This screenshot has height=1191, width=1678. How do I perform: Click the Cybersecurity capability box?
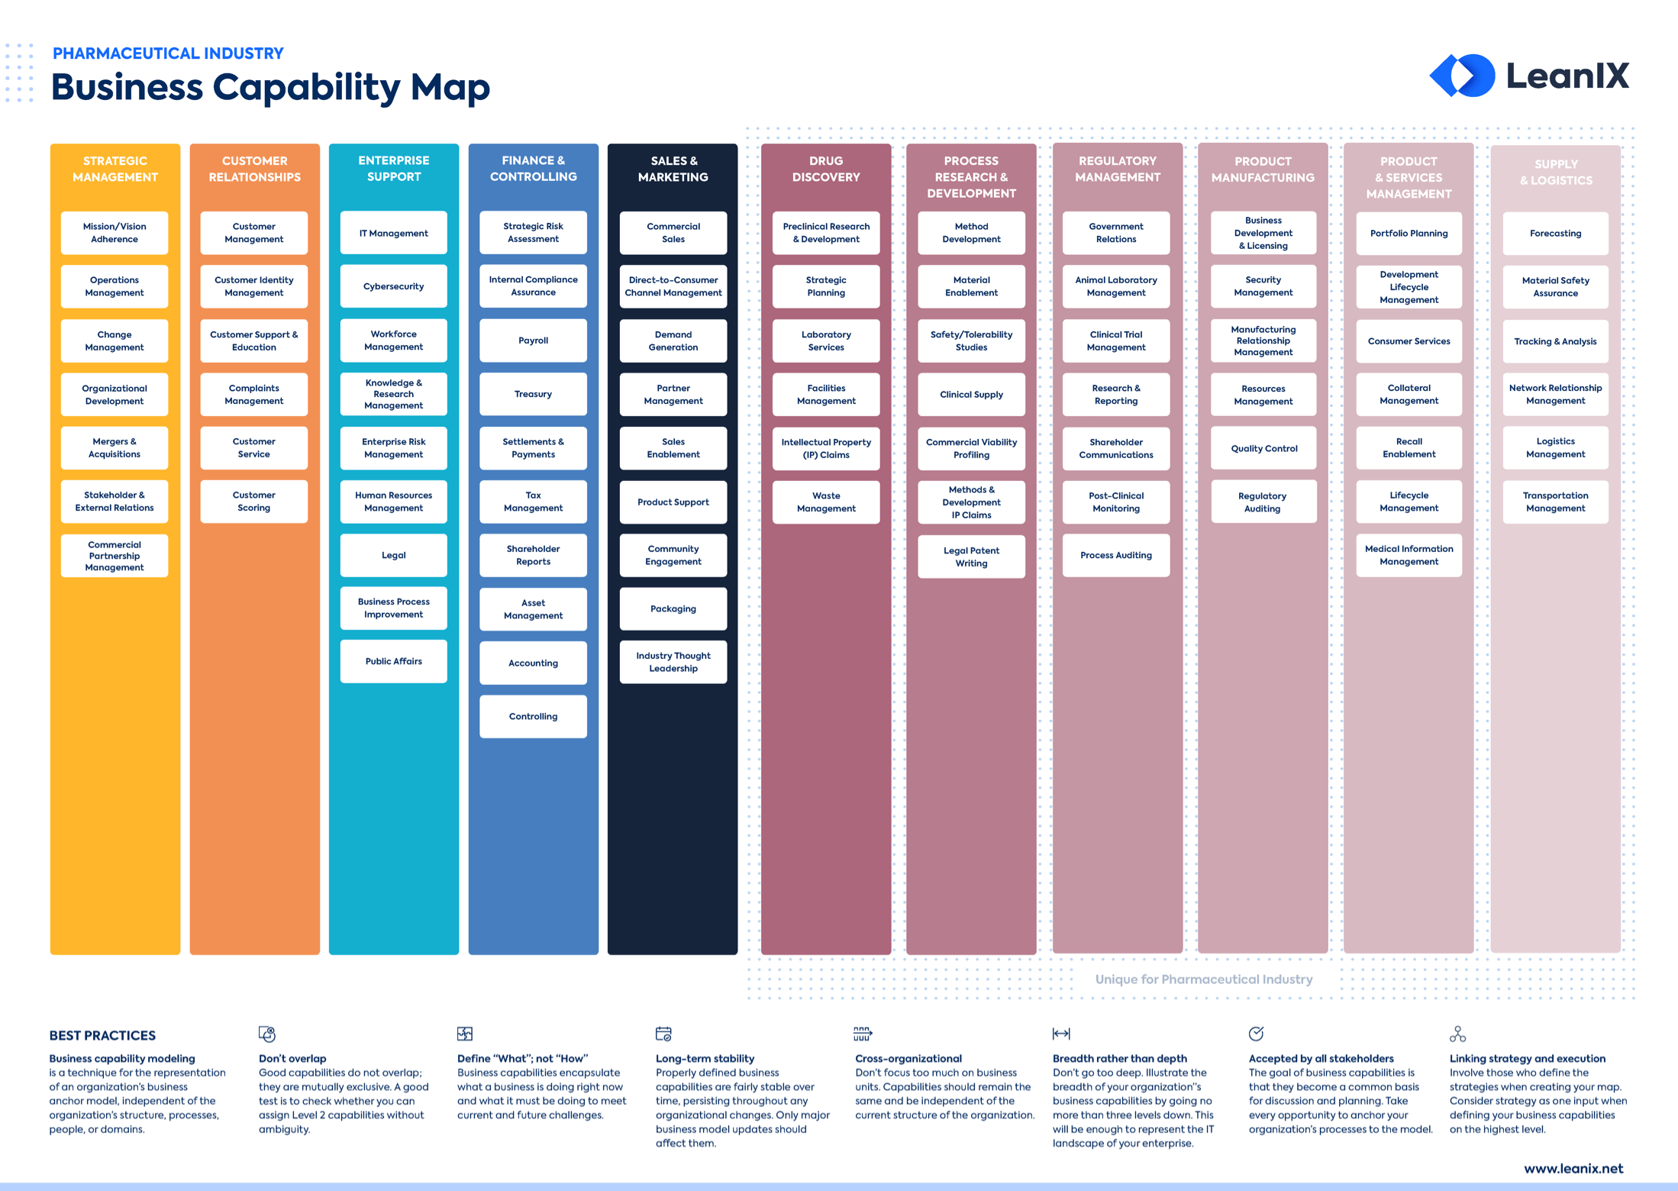(393, 286)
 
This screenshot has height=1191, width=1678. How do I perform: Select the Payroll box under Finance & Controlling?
(533, 341)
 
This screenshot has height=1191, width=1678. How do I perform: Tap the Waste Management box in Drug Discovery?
(826, 502)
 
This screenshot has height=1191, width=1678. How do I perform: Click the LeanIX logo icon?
(1461, 76)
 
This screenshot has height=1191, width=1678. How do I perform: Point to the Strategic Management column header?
(115, 169)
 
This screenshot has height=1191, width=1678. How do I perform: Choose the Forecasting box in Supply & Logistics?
(1555, 234)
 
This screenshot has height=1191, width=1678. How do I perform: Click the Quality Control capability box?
(1263, 448)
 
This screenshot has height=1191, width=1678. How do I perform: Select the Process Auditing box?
(1115, 555)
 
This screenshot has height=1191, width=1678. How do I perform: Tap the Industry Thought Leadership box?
(673, 662)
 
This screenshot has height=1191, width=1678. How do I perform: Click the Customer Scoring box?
(253, 502)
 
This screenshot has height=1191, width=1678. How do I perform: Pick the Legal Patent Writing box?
(971, 557)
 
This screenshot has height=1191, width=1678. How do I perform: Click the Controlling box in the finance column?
(533, 716)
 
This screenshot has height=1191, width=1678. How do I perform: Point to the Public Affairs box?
(393, 661)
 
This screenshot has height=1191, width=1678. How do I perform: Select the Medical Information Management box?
(1409, 555)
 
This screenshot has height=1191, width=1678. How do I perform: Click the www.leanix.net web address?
(1573, 1168)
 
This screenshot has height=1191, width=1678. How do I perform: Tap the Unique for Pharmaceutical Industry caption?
(1203, 979)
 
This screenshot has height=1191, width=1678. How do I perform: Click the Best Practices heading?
(102, 1035)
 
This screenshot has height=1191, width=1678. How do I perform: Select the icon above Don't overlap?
(266, 1034)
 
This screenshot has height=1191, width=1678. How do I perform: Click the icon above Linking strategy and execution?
(1457, 1034)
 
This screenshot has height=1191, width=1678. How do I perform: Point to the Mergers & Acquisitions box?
(115, 448)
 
